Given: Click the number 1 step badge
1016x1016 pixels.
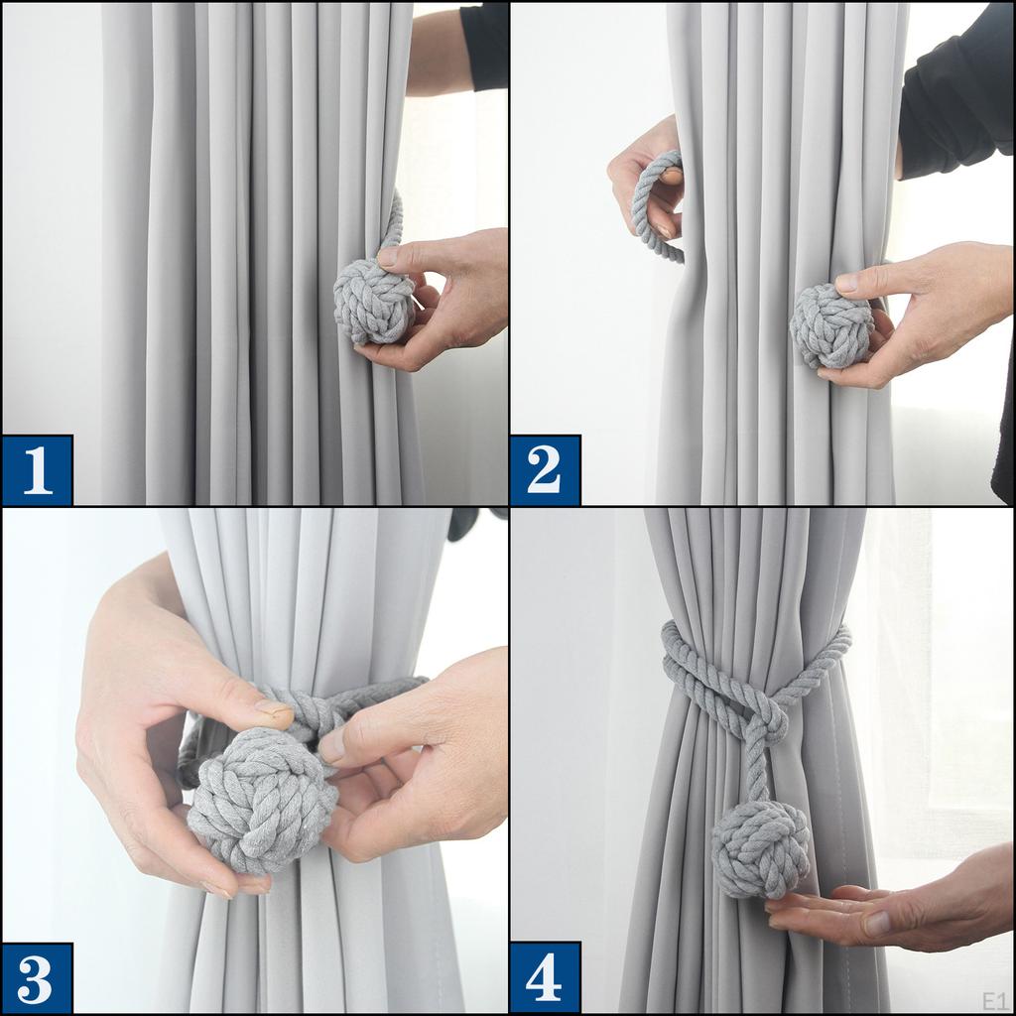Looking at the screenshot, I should pyautogui.click(x=38, y=470).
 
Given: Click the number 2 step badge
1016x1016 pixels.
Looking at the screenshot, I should pyautogui.click(x=545, y=470).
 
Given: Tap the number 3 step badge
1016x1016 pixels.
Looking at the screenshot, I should pyautogui.click(x=38, y=978).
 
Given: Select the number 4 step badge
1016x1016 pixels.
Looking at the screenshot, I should pyautogui.click(x=545, y=978).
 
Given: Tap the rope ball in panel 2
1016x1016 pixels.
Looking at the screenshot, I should pyautogui.click(x=830, y=326).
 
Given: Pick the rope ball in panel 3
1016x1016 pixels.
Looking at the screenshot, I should pyautogui.click(x=251, y=808).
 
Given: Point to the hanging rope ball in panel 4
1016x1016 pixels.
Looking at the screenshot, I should pyautogui.click(x=760, y=849).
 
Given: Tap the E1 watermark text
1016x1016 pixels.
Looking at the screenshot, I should pyautogui.click(x=994, y=999).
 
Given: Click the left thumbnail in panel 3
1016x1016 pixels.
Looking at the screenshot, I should pyautogui.click(x=274, y=712).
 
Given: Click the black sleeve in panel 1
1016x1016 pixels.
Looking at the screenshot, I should pyautogui.click(x=485, y=45).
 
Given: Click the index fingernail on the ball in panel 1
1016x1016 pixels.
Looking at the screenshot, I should pyautogui.click(x=388, y=257).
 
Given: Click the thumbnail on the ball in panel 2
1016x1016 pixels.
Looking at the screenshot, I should pyautogui.click(x=846, y=284).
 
